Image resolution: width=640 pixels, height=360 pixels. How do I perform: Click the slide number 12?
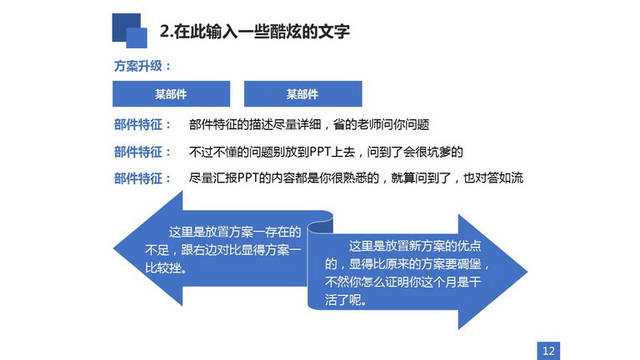[x=548, y=351]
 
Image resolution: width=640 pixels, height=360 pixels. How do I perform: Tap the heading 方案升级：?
[x=142, y=66]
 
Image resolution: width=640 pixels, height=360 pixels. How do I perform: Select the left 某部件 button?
[x=171, y=94]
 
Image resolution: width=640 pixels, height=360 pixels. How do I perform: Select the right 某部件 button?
[x=302, y=94]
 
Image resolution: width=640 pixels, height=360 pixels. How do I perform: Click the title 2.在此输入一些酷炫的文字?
[x=255, y=32]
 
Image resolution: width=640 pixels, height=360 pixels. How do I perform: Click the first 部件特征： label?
[x=142, y=125]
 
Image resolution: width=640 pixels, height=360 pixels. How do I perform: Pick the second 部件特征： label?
[x=142, y=152]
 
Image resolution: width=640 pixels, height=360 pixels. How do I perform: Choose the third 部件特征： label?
[x=142, y=178]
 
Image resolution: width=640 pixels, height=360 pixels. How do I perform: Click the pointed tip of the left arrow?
[x=113, y=248]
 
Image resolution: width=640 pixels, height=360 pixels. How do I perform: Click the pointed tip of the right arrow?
[x=527, y=272]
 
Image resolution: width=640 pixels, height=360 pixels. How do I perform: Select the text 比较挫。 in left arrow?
[x=167, y=267]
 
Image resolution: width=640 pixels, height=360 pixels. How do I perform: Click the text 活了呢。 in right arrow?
[x=346, y=300]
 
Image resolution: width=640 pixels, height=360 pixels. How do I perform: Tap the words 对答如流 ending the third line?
[x=499, y=178]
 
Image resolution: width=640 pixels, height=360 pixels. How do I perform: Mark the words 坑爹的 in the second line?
[x=445, y=152]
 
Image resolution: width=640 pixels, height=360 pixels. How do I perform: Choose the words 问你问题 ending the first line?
[x=405, y=124]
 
